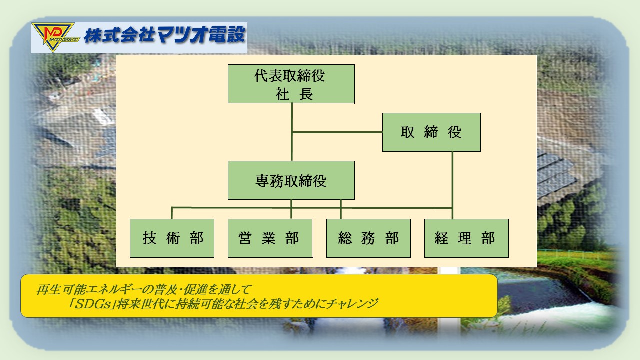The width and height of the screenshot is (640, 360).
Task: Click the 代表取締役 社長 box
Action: pos(291,84)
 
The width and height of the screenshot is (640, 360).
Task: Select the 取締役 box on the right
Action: pos(431,132)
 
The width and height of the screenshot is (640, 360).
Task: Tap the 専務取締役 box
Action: pos(291,180)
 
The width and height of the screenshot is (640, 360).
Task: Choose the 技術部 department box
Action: pos(172,238)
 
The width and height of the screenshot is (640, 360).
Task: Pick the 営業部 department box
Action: pos(270,238)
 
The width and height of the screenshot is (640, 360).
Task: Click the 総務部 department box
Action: pos(368,238)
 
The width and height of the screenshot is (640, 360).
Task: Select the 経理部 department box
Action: pos(466,238)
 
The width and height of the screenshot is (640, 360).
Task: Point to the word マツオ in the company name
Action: pos(181,35)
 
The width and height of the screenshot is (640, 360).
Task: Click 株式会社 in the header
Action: pos(119,35)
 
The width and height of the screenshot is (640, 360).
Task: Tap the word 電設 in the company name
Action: pos(227,35)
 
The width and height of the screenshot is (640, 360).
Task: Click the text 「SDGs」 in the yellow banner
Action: pos(93,304)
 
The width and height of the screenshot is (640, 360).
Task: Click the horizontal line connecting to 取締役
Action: pos(337,132)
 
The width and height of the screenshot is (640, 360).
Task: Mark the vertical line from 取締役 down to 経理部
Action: pos(452,185)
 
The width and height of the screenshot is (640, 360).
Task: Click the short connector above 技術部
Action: pos(171,213)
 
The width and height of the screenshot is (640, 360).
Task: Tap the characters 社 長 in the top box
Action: pos(294,94)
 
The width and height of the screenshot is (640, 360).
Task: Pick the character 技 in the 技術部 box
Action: pos(149,238)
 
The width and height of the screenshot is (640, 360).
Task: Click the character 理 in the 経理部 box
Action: pos(465,238)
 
